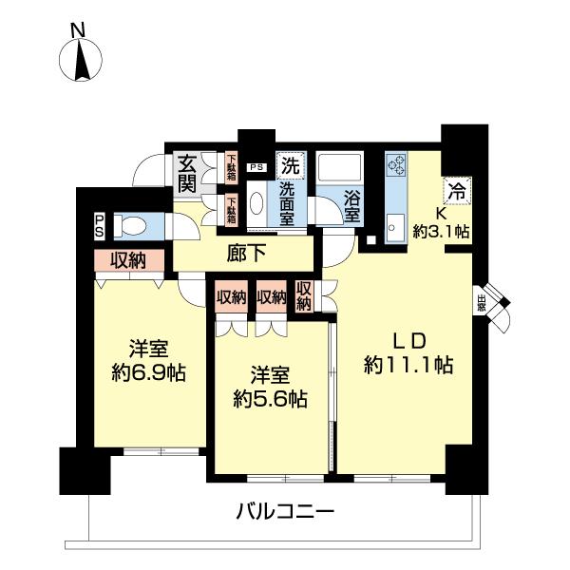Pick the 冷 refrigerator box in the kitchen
coord(458,189)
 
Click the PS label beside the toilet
coord(100,224)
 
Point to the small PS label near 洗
coord(256,167)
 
